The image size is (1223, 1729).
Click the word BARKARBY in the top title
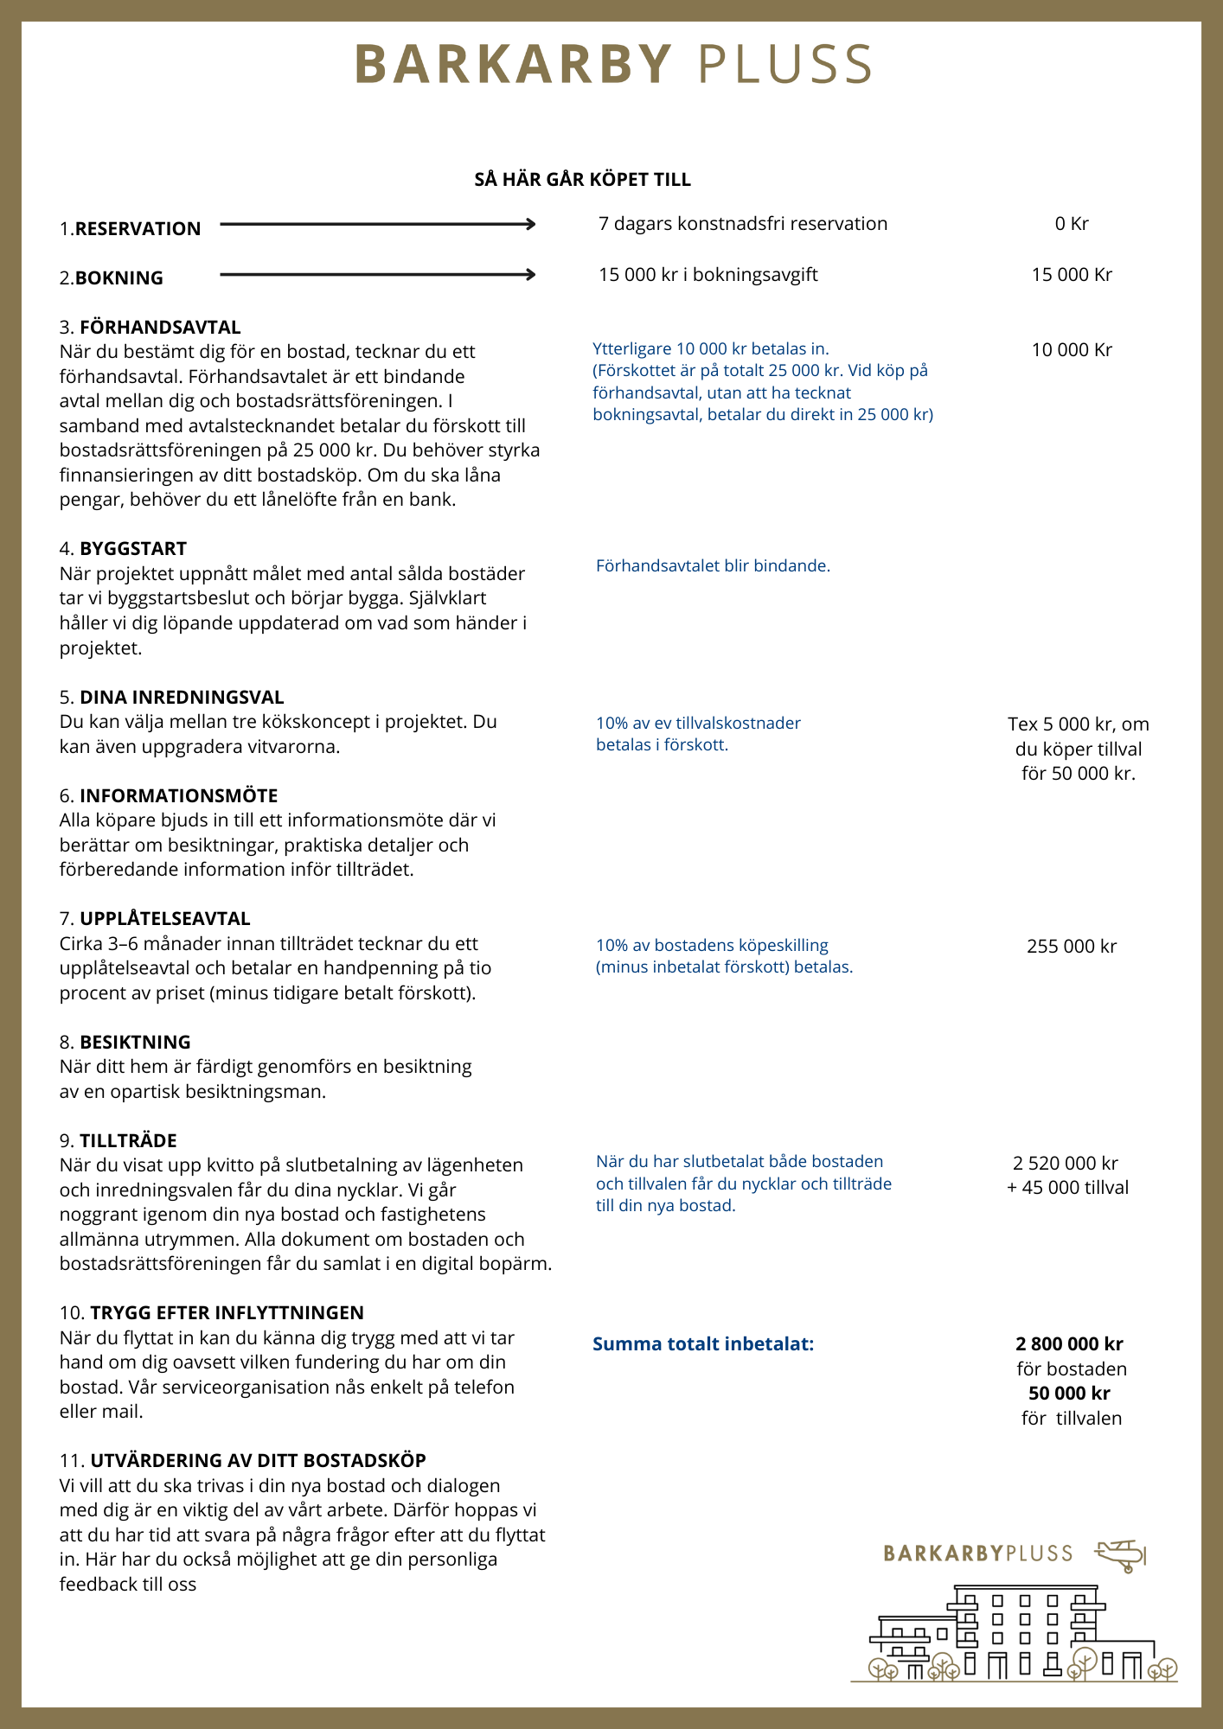pyautogui.click(x=513, y=64)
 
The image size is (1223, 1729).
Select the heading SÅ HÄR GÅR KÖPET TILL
pyautogui.click(x=582, y=180)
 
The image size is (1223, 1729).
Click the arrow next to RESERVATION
pyautogui.click(x=378, y=225)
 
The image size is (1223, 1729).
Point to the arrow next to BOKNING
pyautogui.click(x=378, y=275)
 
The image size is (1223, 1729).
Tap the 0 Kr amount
pyautogui.click(x=1071, y=224)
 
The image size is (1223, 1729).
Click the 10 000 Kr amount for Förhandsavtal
pyautogui.click(x=1071, y=350)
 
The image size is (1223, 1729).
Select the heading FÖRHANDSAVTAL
pyautogui.click(x=160, y=328)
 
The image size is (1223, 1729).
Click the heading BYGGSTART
pyautogui.click(x=133, y=549)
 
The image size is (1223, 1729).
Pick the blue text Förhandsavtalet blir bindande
pyautogui.click(x=713, y=566)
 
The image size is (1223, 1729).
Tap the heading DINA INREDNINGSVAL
pyautogui.click(x=182, y=698)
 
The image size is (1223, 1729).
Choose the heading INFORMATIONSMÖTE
pyautogui.click(x=179, y=796)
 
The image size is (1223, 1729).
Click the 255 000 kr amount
pyautogui.click(x=1071, y=947)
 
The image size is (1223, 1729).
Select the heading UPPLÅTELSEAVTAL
pyautogui.click(x=165, y=919)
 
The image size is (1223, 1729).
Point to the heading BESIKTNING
pyautogui.click(x=135, y=1043)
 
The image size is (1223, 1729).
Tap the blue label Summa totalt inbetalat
pyautogui.click(x=703, y=1344)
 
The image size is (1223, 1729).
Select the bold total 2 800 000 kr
pyautogui.click(x=1069, y=1344)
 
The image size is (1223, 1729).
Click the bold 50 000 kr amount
pyautogui.click(x=1069, y=1394)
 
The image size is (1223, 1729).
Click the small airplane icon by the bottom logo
pyautogui.click(x=1121, y=1555)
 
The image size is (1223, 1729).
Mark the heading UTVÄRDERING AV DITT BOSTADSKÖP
pyautogui.click(x=258, y=1461)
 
